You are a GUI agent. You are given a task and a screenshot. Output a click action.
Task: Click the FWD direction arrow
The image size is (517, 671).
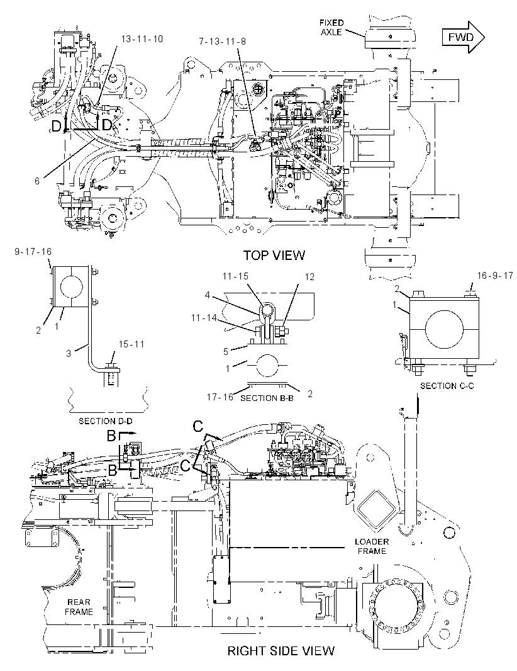tap(463, 37)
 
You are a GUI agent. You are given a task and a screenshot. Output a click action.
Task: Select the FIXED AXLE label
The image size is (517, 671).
tap(331, 27)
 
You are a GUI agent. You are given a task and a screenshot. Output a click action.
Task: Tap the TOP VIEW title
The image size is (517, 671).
tap(274, 255)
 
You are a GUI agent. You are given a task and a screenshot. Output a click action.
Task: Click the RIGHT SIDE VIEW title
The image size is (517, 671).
tap(281, 651)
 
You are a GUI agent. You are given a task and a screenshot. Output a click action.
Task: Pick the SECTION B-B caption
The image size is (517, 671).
tap(267, 398)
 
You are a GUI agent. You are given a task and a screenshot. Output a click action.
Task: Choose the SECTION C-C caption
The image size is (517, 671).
tap(447, 386)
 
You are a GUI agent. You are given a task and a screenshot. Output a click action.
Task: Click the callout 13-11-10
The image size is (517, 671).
tap(142, 39)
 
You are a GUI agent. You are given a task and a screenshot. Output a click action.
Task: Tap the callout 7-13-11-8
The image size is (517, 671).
tap(223, 42)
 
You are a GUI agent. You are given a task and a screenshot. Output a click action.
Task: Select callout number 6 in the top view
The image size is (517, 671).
tap(37, 181)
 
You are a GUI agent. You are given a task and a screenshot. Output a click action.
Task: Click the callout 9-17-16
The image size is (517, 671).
tap(33, 252)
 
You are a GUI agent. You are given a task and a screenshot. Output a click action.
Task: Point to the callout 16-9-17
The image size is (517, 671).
tap(495, 276)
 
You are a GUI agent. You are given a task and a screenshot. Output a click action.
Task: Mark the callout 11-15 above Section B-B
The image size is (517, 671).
tap(235, 276)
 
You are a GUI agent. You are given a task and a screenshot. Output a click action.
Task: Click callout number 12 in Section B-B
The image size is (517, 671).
tap(309, 277)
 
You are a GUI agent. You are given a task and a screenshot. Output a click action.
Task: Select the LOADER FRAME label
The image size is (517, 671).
tap(372, 546)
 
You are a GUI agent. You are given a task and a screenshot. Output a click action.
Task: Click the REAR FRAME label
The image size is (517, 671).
tap(79, 607)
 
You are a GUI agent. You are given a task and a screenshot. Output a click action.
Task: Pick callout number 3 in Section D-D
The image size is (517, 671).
tap(69, 354)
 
